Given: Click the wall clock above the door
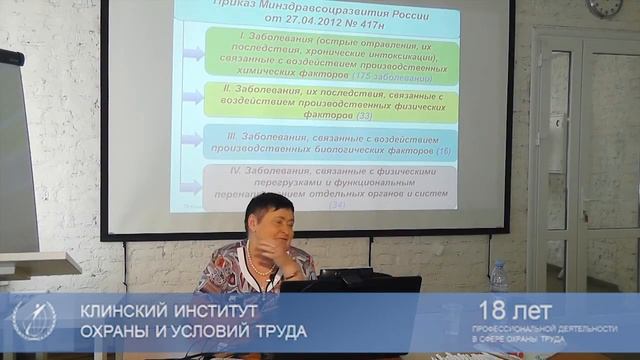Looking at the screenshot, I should click(605, 6).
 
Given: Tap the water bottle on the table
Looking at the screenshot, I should click(498, 277).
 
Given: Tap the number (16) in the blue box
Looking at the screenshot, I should click(443, 150).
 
